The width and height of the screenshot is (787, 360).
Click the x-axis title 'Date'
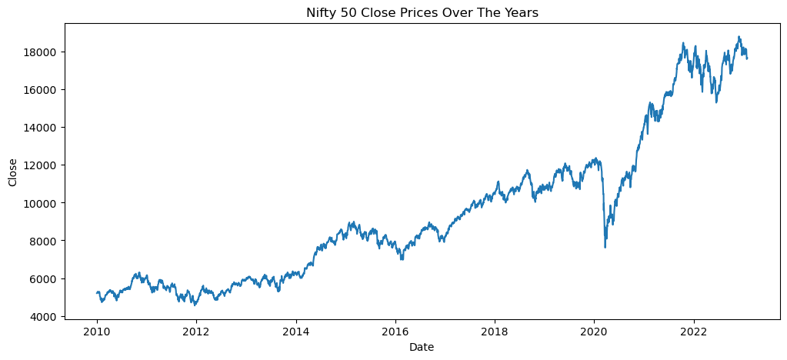421,348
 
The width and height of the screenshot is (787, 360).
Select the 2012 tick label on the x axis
196,332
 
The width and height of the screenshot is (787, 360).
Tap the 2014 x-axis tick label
295,332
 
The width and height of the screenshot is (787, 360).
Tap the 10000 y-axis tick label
43,203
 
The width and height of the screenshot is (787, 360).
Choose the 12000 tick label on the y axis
43,165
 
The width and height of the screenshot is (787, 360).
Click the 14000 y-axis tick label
43,127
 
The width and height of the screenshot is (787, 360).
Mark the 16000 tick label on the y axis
43,89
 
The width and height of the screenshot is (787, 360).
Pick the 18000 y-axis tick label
43,52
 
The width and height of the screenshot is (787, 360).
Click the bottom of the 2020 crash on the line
605,247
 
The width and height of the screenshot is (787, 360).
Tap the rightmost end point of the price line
747,58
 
